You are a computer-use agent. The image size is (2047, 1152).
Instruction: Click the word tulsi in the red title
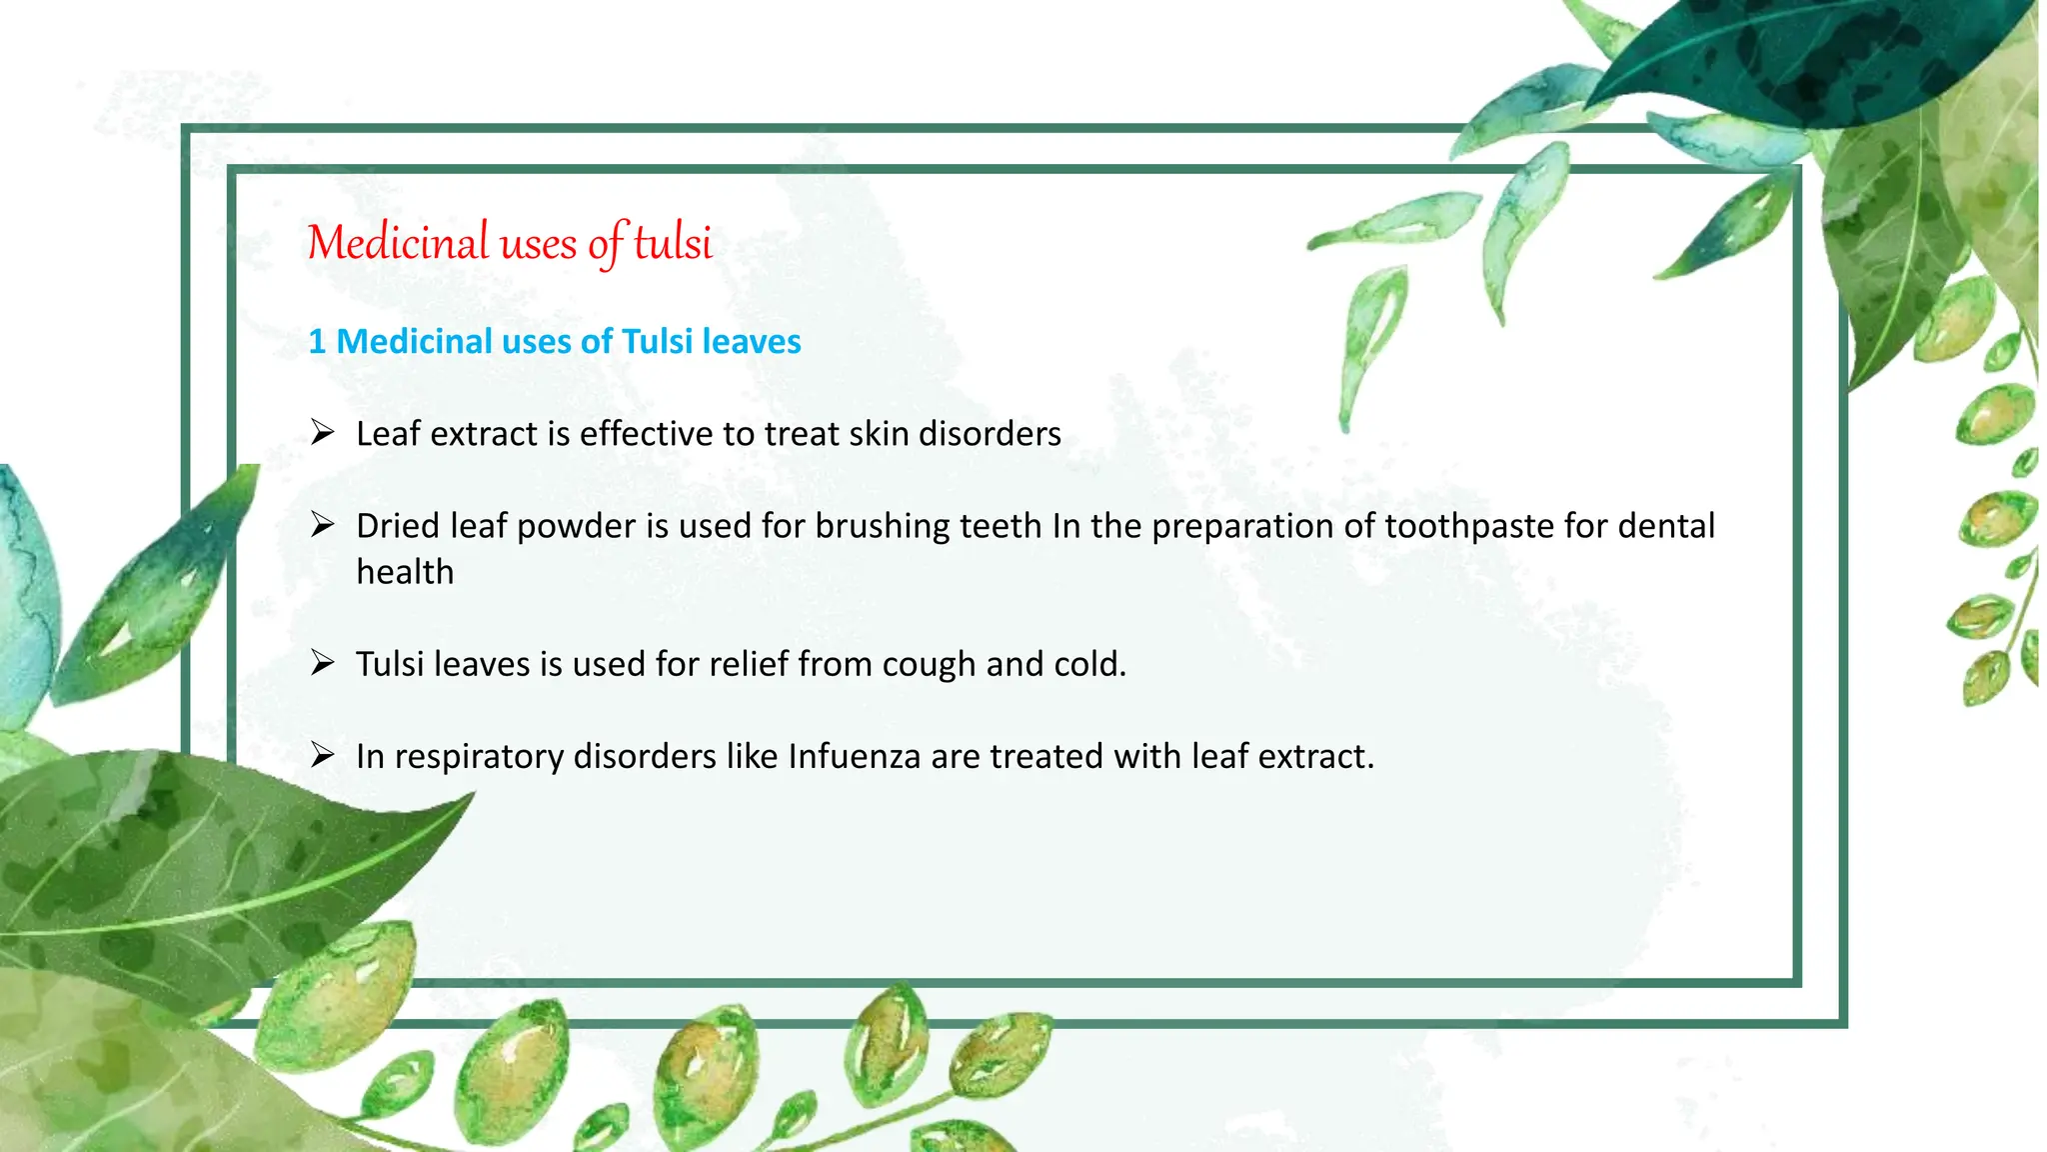click(673, 243)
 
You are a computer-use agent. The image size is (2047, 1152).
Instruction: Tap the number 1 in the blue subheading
click(317, 342)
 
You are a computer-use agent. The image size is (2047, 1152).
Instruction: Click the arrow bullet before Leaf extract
click(322, 432)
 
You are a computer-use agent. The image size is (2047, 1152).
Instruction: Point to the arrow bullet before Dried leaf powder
click(322, 524)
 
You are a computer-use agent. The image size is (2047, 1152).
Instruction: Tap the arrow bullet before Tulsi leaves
click(322, 662)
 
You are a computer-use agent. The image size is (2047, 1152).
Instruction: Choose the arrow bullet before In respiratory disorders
click(322, 754)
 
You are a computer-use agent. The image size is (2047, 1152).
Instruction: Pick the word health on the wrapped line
click(405, 572)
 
